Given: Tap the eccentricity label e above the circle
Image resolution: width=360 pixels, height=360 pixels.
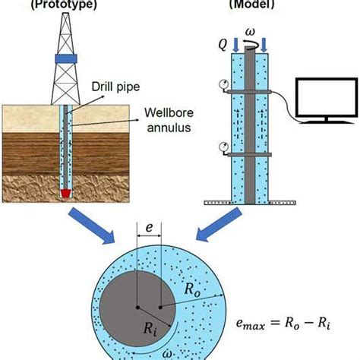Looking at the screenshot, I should [149, 227].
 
